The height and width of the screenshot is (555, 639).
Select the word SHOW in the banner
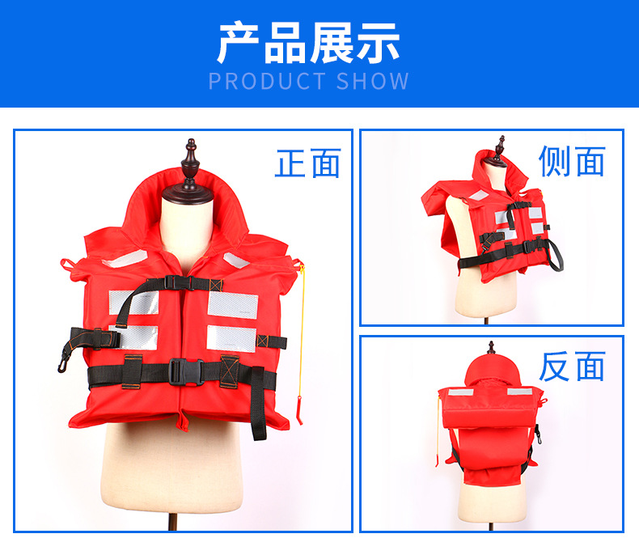tap(373, 82)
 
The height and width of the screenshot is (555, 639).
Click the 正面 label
tap(307, 163)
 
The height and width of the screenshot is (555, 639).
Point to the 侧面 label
tap(572, 162)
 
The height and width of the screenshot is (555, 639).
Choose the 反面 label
tap(572, 367)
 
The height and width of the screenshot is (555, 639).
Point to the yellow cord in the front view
tap(303, 324)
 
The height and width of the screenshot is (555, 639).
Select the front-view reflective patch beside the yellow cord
tap(232, 304)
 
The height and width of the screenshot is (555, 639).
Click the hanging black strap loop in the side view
tap(556, 257)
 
